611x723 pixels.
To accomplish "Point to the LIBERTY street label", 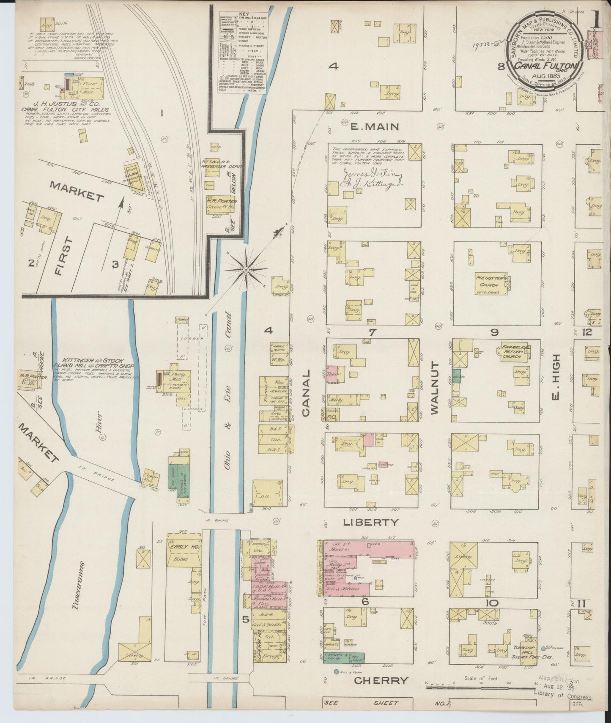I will click(x=370, y=522).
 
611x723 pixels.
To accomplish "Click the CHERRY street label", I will click(x=381, y=680).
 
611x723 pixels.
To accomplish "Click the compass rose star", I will click(x=246, y=269).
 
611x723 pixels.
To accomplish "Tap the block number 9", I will click(x=494, y=332).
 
